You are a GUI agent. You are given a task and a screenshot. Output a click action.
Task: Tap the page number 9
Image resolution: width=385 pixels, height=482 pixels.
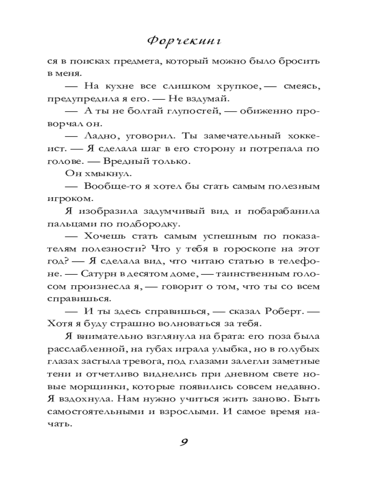(x=184, y=442)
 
